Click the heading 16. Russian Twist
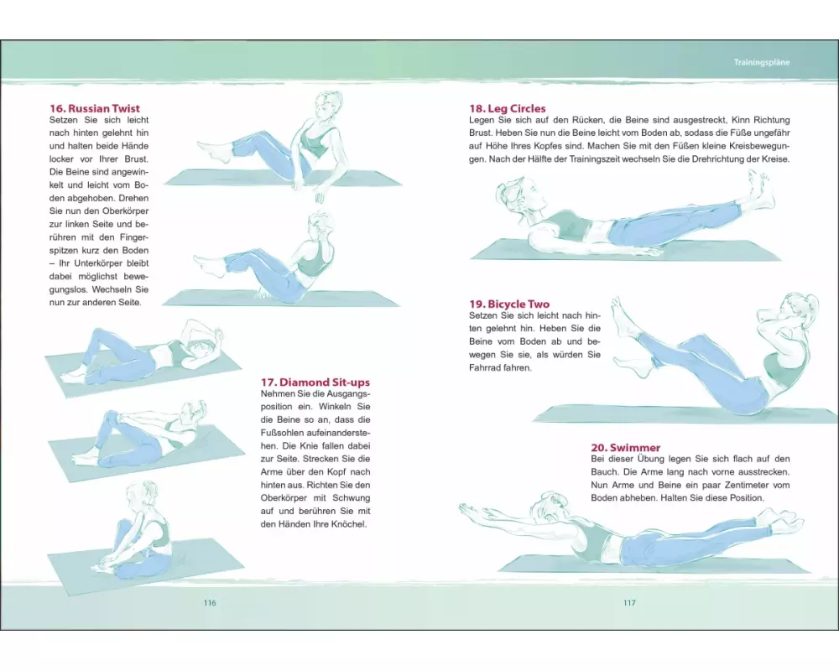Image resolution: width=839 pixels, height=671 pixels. pos(95,109)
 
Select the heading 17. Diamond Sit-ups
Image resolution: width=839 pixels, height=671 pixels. pos(315,382)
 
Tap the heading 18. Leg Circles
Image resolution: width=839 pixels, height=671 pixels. pos(508,109)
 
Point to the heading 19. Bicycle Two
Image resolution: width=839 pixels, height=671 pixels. pos(509,304)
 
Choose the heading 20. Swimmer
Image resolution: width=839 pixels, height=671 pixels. pos(626,447)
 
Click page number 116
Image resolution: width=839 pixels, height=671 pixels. pos(210,603)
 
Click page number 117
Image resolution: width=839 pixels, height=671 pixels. pos(629,603)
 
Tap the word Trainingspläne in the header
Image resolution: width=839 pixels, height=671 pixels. pos(762,62)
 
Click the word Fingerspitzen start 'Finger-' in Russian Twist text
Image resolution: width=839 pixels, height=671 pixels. pos(131,237)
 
